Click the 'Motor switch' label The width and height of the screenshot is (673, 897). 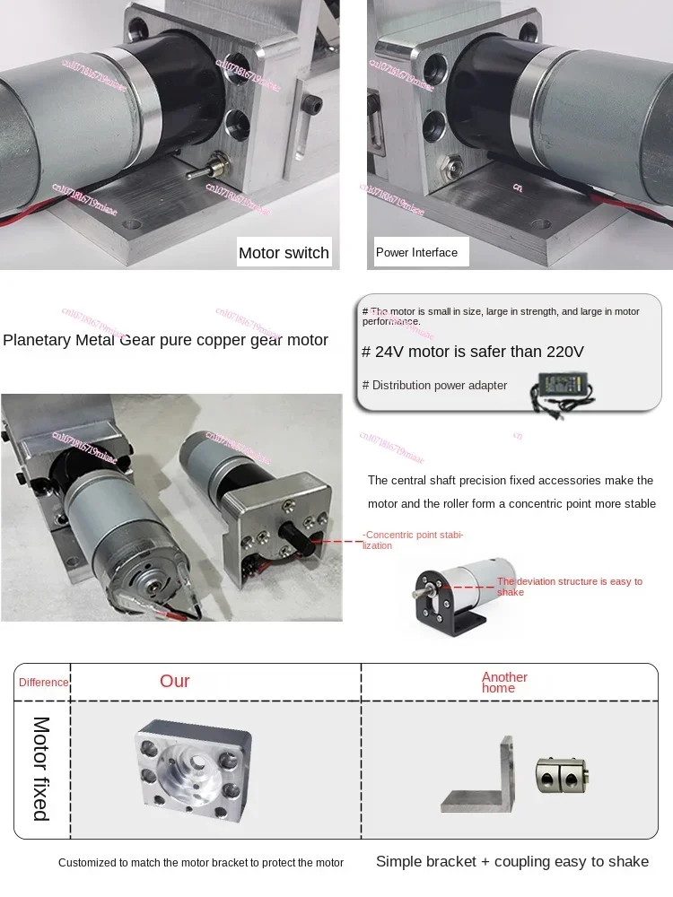tap(284, 253)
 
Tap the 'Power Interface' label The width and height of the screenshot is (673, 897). tap(416, 253)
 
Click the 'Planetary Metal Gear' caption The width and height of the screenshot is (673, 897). tap(165, 340)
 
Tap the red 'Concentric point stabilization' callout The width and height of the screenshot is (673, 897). tap(413, 540)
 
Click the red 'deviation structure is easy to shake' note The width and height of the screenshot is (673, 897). tap(569, 587)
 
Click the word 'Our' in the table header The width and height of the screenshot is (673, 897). tap(175, 681)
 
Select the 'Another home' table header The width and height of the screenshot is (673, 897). tap(504, 683)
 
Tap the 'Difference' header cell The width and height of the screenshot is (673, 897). tap(43, 683)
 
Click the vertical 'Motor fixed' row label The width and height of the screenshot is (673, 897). tap(41, 768)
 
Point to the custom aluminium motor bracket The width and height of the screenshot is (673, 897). tap(192, 765)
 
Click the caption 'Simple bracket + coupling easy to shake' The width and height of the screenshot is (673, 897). tap(511, 861)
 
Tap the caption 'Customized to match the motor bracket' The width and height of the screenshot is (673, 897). tap(201, 863)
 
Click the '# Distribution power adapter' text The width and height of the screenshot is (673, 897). tap(434, 386)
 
